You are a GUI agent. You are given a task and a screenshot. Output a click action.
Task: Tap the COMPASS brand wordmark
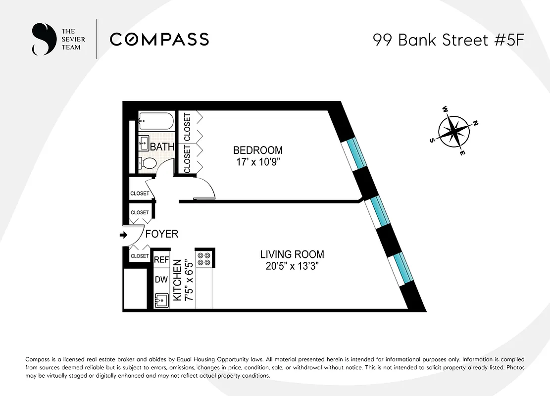[x=159, y=39]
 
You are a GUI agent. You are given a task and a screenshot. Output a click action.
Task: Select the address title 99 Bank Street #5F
[x=448, y=40]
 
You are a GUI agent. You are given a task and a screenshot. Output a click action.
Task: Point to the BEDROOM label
[x=258, y=150]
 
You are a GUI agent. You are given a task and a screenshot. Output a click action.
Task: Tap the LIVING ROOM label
[x=292, y=254]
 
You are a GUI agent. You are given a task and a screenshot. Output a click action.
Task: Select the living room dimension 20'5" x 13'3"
[x=292, y=266]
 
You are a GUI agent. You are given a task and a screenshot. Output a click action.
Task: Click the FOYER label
[x=161, y=234]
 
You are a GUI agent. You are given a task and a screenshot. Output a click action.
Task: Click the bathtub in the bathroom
[x=156, y=120]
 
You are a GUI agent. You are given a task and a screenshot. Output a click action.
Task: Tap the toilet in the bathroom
[x=147, y=163]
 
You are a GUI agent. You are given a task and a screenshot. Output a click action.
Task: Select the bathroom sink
[x=144, y=143]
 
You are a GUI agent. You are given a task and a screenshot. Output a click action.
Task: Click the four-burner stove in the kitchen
[x=204, y=259]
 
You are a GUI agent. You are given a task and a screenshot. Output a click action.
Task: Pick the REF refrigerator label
[x=161, y=260]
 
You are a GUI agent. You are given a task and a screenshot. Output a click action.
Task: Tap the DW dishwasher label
[x=161, y=280]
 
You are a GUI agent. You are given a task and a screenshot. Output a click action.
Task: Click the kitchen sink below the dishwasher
[x=161, y=300]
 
